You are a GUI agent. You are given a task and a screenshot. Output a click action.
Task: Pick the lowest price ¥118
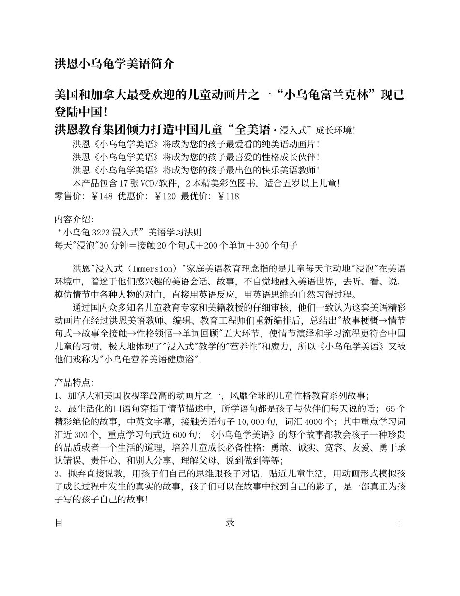tap(228, 196)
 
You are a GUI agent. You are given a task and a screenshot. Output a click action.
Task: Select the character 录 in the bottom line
tap(230, 523)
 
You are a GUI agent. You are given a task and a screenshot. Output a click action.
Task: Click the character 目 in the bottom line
tap(59, 523)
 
